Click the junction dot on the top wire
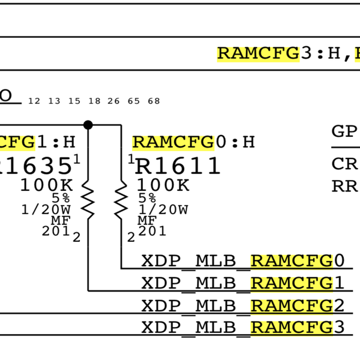[88, 125]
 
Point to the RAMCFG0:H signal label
[193, 142]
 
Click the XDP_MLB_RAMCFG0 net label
[243, 261]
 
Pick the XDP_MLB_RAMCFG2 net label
[243, 305]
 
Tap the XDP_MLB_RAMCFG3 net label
[243, 328]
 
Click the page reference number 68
[154, 101]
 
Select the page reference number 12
[34, 101]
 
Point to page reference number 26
[113, 101]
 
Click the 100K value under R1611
[163, 185]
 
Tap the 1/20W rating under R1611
[163, 209]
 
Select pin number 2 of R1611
[131, 238]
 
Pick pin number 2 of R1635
[76, 238]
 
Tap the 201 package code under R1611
[152, 231]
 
